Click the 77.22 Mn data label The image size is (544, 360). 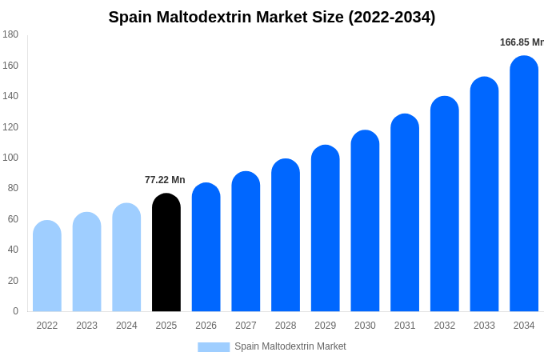(x=165, y=180)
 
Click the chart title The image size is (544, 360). (x=272, y=17)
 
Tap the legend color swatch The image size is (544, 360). (x=214, y=346)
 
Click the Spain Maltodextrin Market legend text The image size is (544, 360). (x=290, y=346)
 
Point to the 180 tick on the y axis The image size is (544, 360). (x=10, y=34)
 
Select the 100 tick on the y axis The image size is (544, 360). (x=10, y=158)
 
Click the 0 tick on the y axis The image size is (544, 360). (x=15, y=311)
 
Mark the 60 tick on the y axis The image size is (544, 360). (x=13, y=219)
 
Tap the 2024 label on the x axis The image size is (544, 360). (x=126, y=326)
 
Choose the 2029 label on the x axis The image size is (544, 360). (x=326, y=326)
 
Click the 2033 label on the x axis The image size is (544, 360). (x=484, y=326)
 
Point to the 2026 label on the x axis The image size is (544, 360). (x=206, y=326)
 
